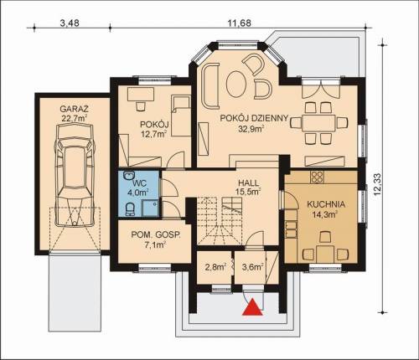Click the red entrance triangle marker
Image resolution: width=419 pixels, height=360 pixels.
252,307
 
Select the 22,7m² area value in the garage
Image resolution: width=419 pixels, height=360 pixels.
75,118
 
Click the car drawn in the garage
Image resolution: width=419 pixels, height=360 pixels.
75,175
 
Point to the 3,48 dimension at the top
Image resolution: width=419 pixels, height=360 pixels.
70,23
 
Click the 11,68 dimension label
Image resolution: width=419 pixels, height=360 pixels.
239,23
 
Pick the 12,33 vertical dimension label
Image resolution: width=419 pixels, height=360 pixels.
377,184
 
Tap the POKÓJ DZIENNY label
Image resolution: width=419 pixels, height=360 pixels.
254,118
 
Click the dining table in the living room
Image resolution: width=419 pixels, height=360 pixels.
318,122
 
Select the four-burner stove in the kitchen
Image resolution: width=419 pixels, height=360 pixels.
317,177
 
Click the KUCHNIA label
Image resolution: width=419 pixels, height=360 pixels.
326,204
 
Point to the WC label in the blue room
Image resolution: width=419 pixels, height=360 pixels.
140,183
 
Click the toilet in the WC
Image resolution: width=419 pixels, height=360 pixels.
130,209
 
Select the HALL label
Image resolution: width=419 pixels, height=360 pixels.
248,183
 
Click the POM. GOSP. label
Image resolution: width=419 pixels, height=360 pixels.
156,235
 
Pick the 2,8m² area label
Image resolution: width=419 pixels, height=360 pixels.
215,267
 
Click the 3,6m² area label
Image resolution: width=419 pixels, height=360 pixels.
253,267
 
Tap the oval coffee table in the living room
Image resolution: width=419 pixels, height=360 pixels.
236,84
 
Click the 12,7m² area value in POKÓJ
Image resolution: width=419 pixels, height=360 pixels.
154,134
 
